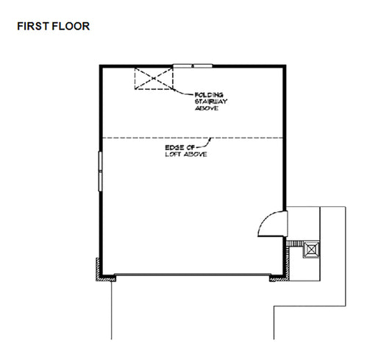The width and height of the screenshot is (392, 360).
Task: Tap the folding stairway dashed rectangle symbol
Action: [x=153, y=80]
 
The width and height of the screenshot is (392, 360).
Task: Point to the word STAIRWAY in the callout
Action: [x=209, y=102]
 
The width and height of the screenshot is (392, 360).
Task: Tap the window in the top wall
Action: [x=191, y=66]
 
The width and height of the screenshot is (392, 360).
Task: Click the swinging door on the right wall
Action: [x=274, y=220]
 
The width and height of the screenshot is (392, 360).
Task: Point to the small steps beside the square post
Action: [x=296, y=244]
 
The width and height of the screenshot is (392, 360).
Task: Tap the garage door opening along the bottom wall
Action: [x=193, y=277]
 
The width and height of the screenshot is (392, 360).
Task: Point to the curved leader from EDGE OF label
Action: [x=205, y=143]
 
